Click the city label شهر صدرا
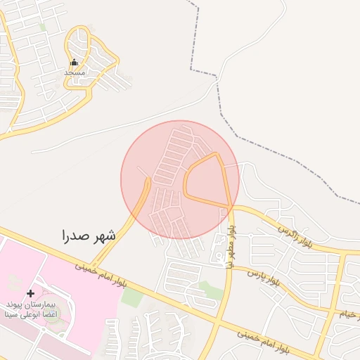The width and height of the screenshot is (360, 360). coord(88,235)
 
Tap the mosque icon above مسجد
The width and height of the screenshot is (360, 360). coord(74,62)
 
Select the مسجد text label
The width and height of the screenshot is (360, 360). coord(74,72)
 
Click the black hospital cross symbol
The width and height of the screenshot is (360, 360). coord(30,293)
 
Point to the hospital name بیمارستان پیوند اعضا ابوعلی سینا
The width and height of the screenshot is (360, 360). coord(30,310)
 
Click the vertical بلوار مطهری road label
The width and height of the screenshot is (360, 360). coord(231,245)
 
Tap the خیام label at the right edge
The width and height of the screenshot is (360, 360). coord(349,313)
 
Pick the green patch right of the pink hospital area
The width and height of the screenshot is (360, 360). coord(131,297)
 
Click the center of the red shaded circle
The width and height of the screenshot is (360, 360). coord(180,180)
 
